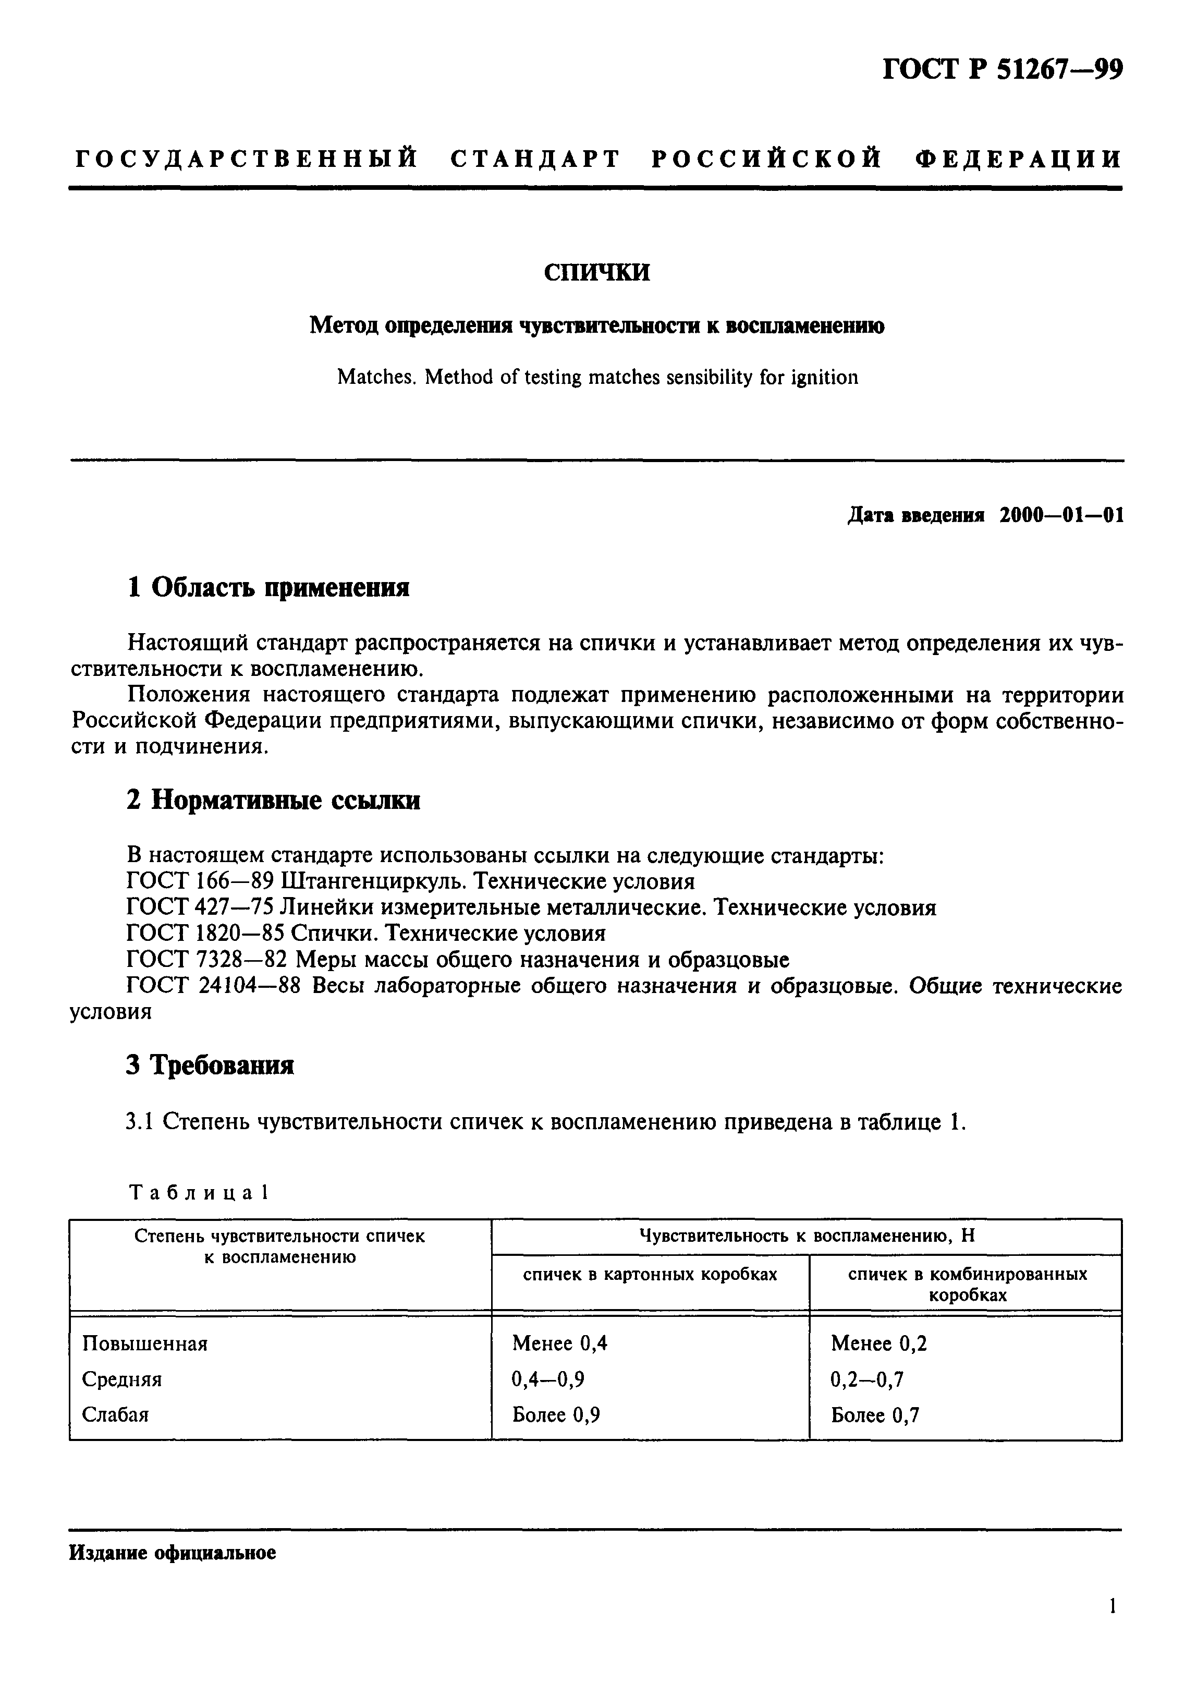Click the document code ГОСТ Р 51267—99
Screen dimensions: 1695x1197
[1002, 69]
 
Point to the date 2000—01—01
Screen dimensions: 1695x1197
[1061, 515]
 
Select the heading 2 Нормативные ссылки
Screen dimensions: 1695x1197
[273, 800]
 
